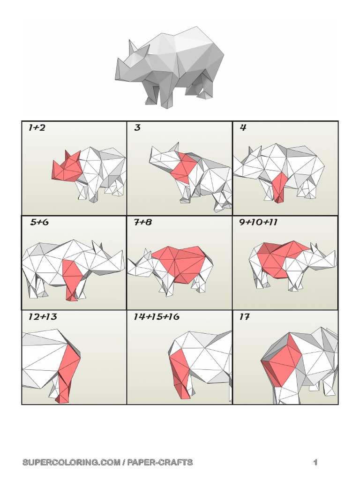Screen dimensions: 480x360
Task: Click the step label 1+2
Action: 37,127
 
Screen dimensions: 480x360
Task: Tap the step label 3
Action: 137,127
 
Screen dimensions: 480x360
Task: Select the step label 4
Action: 243,127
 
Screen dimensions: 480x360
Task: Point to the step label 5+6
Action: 39,222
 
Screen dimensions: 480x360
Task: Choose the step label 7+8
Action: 143,222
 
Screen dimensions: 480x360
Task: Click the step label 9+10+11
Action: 258,222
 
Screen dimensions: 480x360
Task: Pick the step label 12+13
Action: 42,317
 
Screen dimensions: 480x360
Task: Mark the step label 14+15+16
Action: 156,317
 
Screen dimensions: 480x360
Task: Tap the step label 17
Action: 244,317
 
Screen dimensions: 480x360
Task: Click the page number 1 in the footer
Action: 315,463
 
